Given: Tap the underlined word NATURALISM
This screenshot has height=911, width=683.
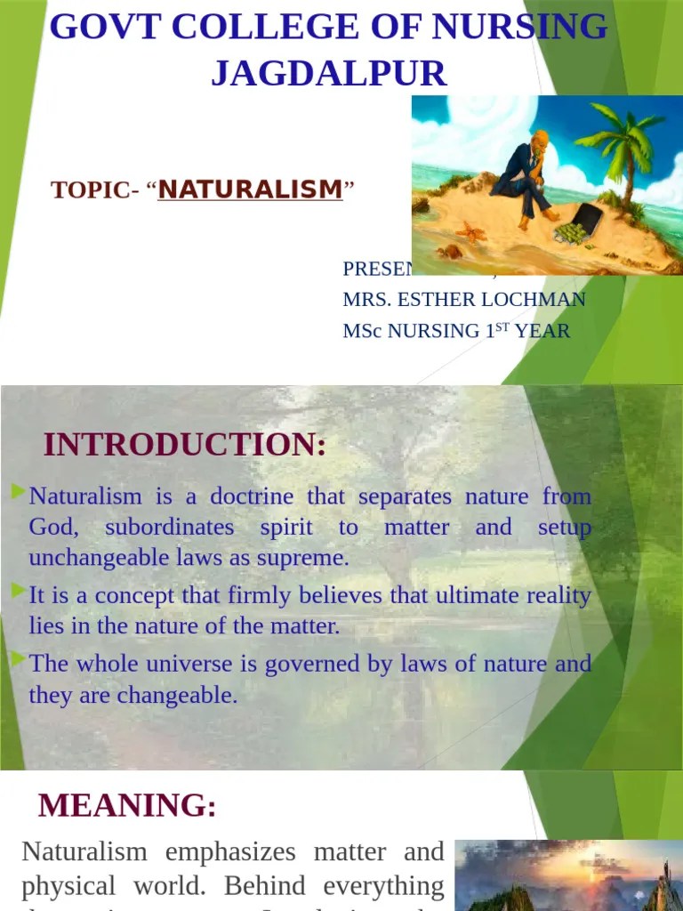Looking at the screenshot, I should click(250, 189).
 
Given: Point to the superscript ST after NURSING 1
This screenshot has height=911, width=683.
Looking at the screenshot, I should click(503, 326).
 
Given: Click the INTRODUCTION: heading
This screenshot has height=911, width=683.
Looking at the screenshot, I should click(185, 445).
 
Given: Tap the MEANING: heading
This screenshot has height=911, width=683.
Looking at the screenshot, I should click(127, 806).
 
